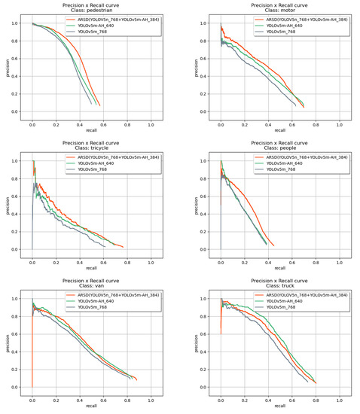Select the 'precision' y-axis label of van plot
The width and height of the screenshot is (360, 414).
pyautogui.click(x=7, y=342)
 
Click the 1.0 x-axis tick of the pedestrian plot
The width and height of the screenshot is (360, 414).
pyautogui.click(x=151, y=123)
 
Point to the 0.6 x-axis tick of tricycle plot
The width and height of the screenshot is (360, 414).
pyautogui.click(x=103, y=260)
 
